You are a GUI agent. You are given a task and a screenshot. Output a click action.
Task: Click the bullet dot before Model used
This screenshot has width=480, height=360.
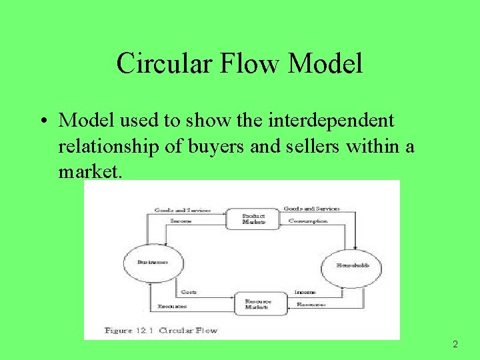(42, 121)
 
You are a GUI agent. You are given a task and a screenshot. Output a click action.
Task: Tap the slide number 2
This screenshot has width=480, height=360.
(455, 345)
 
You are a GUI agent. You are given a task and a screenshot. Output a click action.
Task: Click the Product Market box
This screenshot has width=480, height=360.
(253, 219)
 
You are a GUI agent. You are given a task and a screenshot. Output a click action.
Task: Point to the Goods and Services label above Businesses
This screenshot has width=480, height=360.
(182, 210)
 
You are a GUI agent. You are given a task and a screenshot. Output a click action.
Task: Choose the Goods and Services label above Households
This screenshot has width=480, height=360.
(311, 209)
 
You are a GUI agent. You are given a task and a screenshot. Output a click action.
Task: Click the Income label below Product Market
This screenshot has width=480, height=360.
(181, 220)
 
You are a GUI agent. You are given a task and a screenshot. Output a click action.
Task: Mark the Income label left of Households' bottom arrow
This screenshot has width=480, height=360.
(305, 292)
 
